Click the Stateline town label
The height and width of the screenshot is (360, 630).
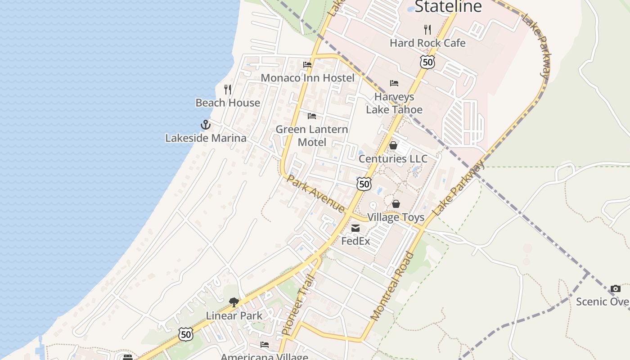[448, 7]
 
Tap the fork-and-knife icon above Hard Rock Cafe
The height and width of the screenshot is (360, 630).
[427, 30]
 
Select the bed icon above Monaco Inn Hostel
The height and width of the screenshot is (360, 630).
[307, 65]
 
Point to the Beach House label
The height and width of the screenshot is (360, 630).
[228, 103]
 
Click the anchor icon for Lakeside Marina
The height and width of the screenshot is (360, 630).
[206, 124]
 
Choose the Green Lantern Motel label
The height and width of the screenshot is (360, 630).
[312, 135]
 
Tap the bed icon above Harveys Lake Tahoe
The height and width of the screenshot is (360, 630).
[394, 83]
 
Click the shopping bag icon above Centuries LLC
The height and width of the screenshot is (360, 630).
[393, 145]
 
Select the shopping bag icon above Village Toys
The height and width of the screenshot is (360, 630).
[396, 204]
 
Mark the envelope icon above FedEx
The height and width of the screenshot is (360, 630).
[355, 228]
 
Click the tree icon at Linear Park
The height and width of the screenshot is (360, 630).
[234, 302]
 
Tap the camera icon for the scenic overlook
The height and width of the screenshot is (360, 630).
[616, 289]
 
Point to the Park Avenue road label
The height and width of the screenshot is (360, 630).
[316, 193]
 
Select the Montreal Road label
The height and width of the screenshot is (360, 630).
[392, 286]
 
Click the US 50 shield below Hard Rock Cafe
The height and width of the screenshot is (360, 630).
[427, 62]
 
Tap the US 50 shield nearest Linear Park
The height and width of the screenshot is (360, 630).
[185, 334]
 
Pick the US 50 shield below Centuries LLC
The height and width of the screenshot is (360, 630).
[364, 184]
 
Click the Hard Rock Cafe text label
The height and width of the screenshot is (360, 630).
[427, 43]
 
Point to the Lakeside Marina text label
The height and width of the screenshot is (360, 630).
[206, 138]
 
